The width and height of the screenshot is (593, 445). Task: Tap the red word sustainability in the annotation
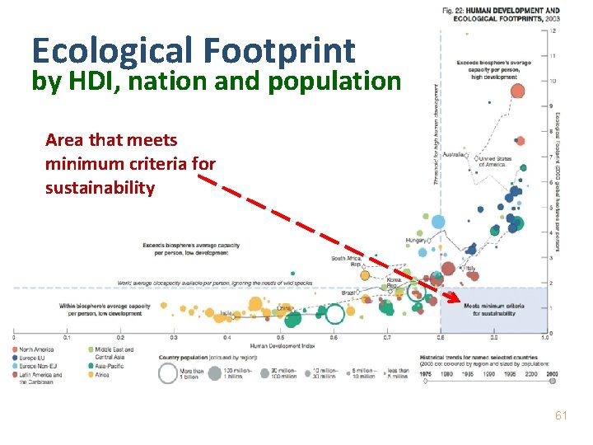click(100, 187)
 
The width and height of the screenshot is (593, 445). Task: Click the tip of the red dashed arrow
click(455, 303)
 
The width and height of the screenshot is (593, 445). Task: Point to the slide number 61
click(561, 416)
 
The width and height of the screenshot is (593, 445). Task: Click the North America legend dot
click(16, 349)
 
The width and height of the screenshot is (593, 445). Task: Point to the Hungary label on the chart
click(415, 241)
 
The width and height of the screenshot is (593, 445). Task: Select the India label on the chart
click(226, 313)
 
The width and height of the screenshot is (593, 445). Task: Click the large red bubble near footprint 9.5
click(519, 91)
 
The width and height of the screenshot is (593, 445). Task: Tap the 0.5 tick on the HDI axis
click(281, 338)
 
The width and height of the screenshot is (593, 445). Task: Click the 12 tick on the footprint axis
click(552, 30)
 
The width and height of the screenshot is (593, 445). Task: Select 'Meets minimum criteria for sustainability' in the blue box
click(494, 309)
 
